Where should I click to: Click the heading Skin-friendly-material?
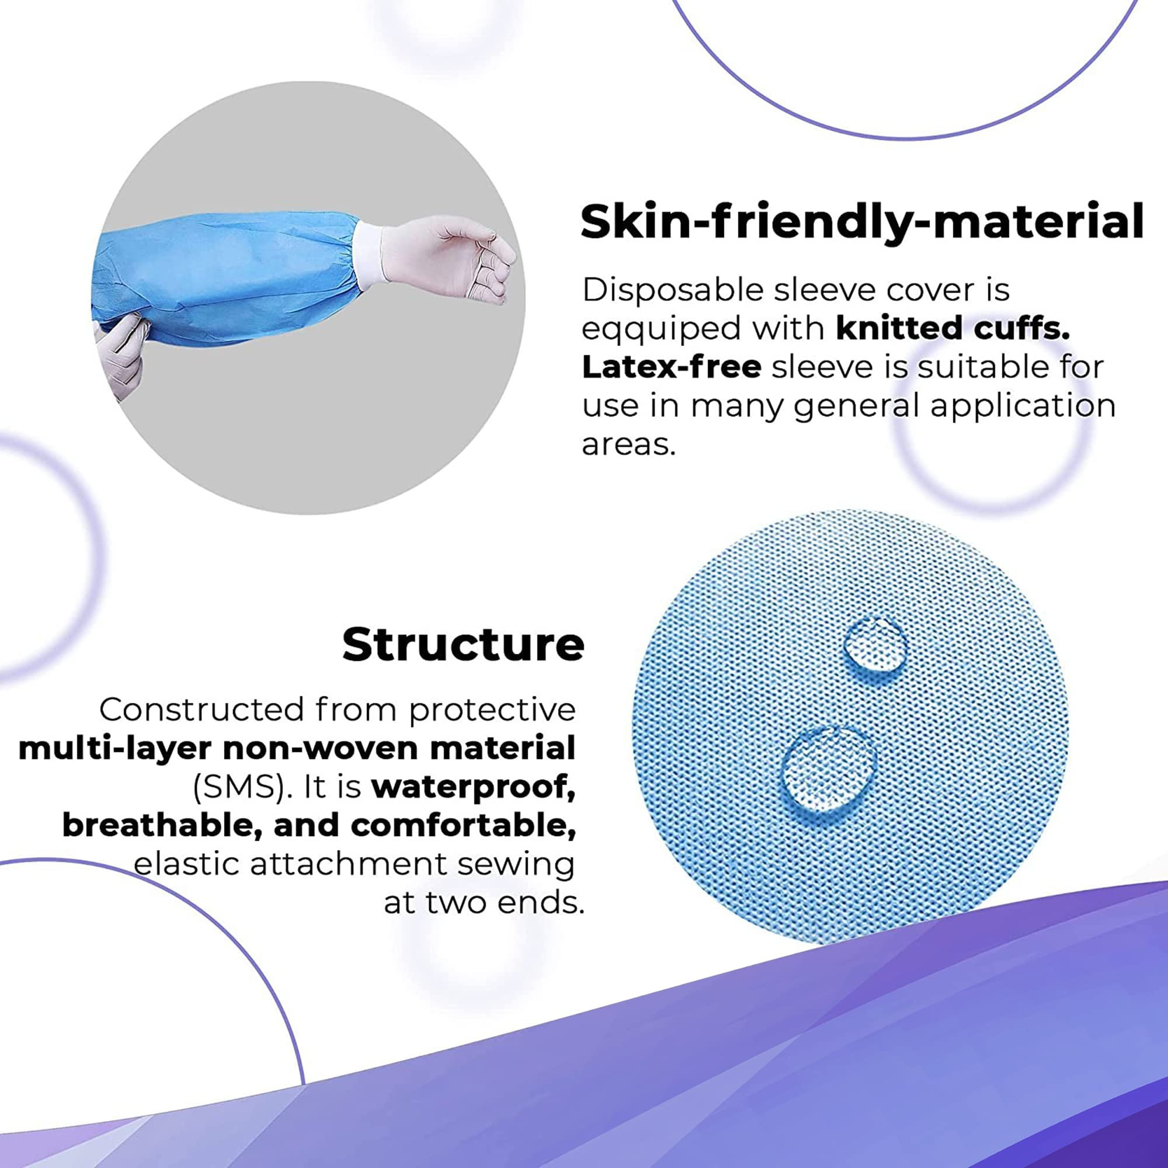pyautogui.click(x=862, y=222)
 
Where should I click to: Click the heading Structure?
pyautogui.click(x=463, y=645)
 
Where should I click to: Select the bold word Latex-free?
pyautogui.click(x=671, y=367)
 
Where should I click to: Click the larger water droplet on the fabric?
pyautogui.click(x=828, y=769)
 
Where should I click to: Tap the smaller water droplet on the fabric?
pyautogui.click(x=876, y=645)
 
